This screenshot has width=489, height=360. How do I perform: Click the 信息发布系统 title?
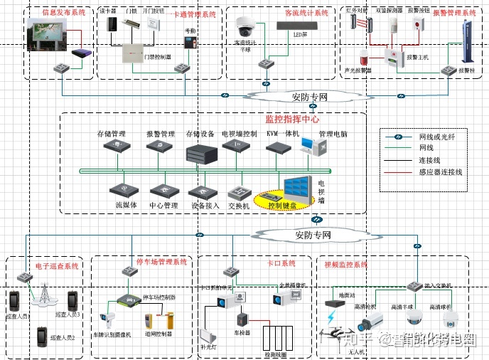[x=63, y=13]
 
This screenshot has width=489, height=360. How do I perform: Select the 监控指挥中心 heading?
[x=292, y=119]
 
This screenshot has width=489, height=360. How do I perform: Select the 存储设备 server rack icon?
[x=200, y=153]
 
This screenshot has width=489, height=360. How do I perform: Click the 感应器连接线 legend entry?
[x=440, y=172]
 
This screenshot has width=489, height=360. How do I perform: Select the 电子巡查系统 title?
[x=58, y=265]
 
